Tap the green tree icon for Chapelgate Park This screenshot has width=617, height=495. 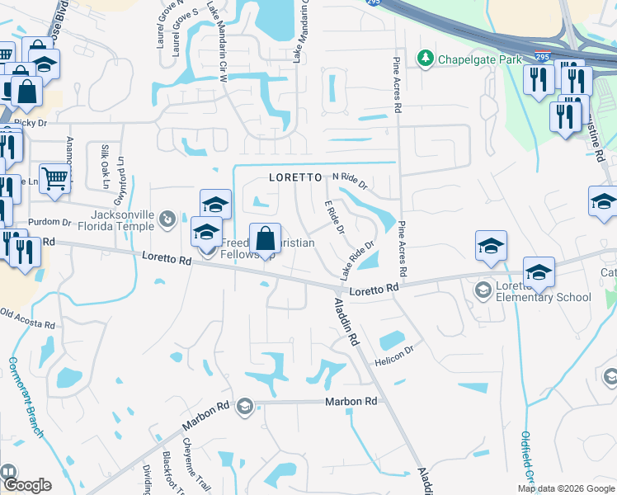tap(426, 59)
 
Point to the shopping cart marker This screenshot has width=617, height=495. tap(54, 177)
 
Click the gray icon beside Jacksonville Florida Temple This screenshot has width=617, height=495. tap(168, 219)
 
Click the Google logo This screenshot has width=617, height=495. tap(27, 485)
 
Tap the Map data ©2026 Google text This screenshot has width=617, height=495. tap(565, 488)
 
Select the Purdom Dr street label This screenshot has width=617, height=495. tap(44, 223)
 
